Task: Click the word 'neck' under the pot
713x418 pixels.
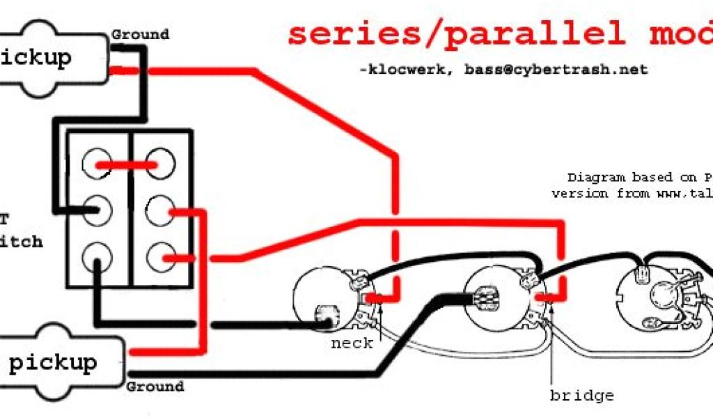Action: [352, 343]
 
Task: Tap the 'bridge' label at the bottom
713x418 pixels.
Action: [581, 396]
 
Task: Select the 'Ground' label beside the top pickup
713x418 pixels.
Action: [140, 34]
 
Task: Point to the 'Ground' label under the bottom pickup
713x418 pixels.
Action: [155, 386]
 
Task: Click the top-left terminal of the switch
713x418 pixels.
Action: [96, 164]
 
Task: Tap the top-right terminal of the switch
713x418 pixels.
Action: [159, 164]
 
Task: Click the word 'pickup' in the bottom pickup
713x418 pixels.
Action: [53, 362]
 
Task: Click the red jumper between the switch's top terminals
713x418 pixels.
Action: [128, 165]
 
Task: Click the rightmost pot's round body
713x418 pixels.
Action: [655, 296]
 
